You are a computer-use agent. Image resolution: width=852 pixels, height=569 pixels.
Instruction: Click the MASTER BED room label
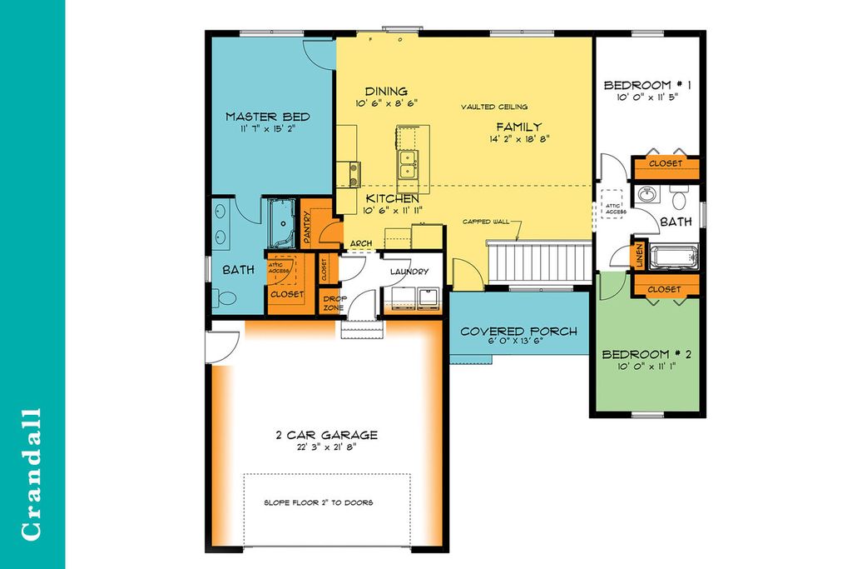pos(261,117)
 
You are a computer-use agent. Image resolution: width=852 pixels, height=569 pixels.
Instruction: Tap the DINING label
pos(386,91)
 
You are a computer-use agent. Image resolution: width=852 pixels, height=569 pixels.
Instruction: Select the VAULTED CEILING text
pos(495,107)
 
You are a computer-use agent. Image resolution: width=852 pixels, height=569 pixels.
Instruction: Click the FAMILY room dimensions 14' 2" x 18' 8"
pos(520,139)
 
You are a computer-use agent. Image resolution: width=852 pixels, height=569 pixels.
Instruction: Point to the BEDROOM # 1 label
pos(647,85)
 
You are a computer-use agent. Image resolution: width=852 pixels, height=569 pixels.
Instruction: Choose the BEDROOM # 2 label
pos(647,353)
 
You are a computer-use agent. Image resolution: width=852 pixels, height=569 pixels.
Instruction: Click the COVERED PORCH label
pos(519,331)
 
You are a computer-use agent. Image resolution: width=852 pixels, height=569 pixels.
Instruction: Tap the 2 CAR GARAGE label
pos(326,434)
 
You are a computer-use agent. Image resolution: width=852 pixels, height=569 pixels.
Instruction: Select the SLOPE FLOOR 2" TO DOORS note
pos(319,502)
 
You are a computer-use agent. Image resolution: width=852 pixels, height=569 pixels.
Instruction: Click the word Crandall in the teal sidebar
pos(32,474)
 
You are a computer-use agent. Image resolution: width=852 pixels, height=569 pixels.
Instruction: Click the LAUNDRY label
pos(409,272)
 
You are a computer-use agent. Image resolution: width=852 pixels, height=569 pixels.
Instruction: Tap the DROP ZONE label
pos(334,302)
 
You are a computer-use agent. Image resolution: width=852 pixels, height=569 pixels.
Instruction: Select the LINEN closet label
pos(639,257)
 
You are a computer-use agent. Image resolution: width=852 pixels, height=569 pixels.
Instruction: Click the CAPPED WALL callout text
pos(486,222)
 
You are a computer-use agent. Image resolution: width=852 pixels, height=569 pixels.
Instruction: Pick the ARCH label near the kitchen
pos(361,244)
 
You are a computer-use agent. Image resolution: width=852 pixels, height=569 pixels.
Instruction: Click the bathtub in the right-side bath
pos(674,257)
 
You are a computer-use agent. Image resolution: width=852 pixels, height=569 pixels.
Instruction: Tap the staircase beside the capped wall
pos(539,263)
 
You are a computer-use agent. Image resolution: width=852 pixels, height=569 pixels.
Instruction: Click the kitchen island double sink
pos(408,164)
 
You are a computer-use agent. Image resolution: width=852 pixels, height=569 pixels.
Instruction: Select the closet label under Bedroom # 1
pos(664,164)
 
